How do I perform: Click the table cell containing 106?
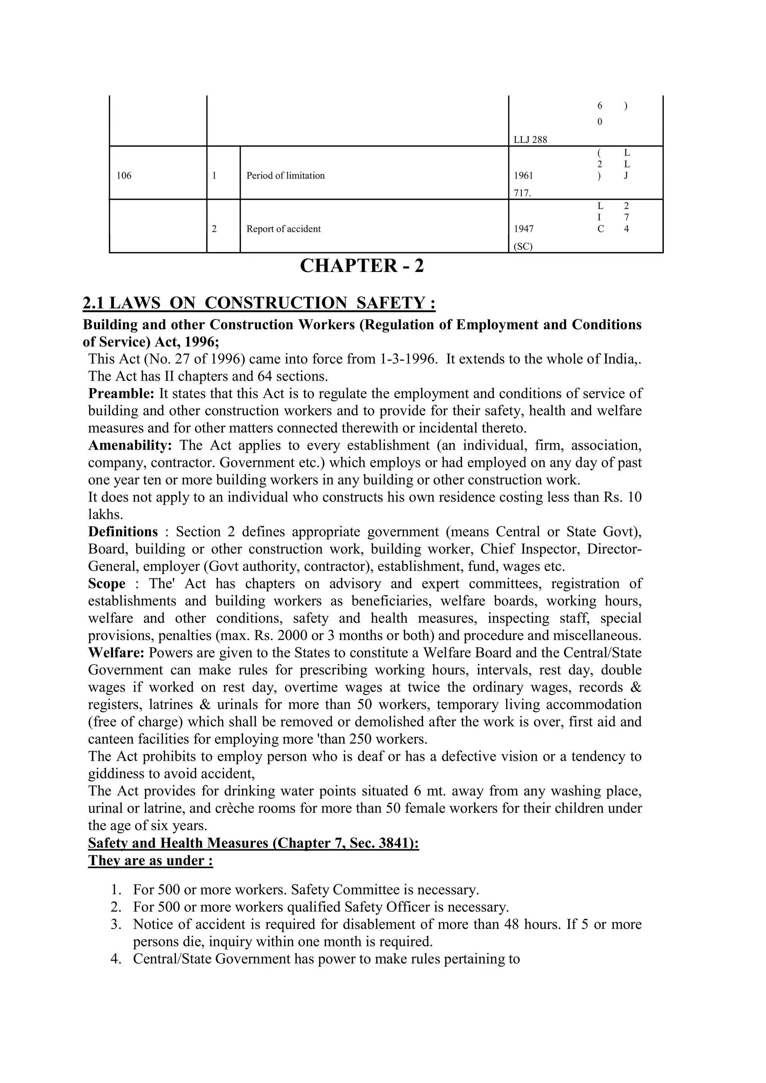click(124, 176)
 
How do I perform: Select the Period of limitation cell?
click(285, 176)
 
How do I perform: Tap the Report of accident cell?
click(284, 229)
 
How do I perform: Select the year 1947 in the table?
click(524, 229)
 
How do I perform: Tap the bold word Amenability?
click(130, 445)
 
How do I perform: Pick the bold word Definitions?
click(123, 532)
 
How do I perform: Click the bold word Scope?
click(107, 583)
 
